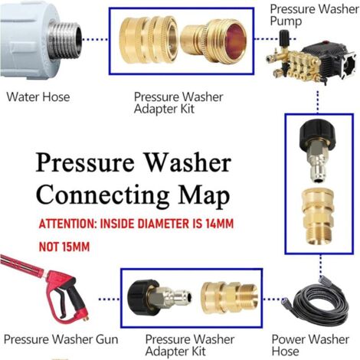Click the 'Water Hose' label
coord(38,97)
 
